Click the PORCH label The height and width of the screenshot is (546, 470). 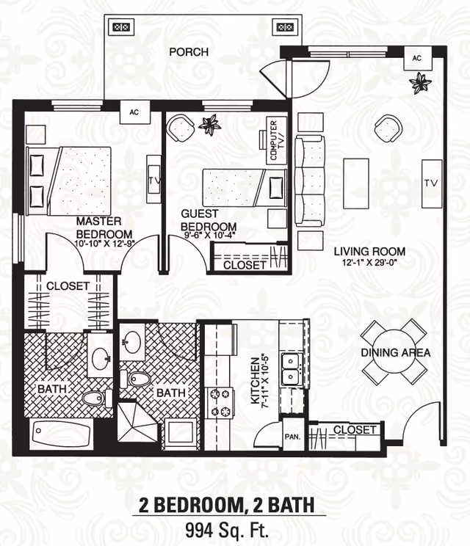coord(189,52)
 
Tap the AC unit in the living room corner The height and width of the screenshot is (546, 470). coord(417,58)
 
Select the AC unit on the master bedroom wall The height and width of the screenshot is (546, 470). coord(134,113)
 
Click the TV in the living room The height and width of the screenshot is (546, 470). coord(431,183)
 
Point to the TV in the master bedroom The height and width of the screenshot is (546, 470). coord(154,179)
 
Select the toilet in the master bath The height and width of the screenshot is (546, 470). coord(93,397)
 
